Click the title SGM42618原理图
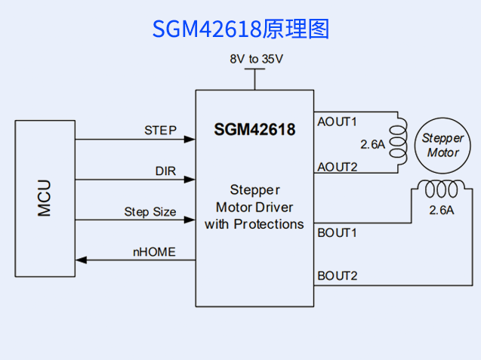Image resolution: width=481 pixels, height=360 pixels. pyautogui.click(x=241, y=29)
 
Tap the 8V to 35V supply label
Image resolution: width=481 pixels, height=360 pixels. pyautogui.click(x=256, y=58)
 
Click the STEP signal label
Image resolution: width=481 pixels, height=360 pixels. pyautogui.click(x=160, y=130)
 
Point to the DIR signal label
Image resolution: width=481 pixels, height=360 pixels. pyautogui.click(x=165, y=171)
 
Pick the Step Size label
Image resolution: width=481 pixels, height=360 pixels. pyautogui.click(x=150, y=212)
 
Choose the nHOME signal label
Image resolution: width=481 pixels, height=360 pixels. pyautogui.click(x=154, y=252)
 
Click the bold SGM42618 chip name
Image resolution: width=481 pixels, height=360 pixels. pyautogui.click(x=254, y=130)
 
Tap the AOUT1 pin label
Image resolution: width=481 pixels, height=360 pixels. pyautogui.click(x=337, y=122)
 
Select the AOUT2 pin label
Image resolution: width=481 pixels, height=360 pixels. pyautogui.click(x=337, y=167)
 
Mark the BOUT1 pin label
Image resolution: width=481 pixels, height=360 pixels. pyautogui.click(x=337, y=232)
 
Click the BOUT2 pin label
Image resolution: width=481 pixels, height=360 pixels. pyautogui.click(x=337, y=275)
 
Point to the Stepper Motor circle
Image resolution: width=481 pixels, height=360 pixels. pyautogui.click(x=442, y=145)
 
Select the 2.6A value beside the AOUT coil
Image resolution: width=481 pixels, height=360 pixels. pyautogui.click(x=373, y=143)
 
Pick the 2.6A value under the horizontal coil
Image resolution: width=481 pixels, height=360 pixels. pyautogui.click(x=441, y=211)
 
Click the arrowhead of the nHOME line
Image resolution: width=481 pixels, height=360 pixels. pyautogui.click(x=81, y=260)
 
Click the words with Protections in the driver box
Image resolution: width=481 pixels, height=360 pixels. pyautogui.click(x=254, y=224)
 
